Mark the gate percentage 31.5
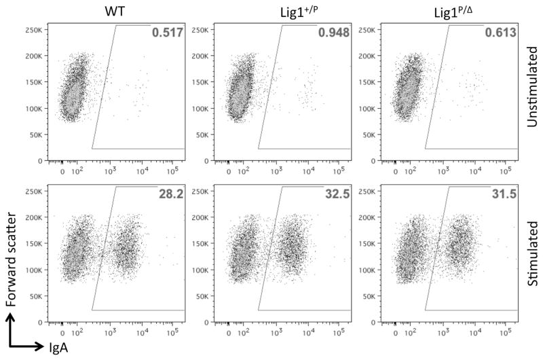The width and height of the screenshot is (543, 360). tap(504, 193)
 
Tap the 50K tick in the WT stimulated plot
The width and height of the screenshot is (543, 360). tap(36, 297)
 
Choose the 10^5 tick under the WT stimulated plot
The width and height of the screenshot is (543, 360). tap(175, 334)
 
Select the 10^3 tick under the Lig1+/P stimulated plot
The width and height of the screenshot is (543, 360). tap(276, 334)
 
